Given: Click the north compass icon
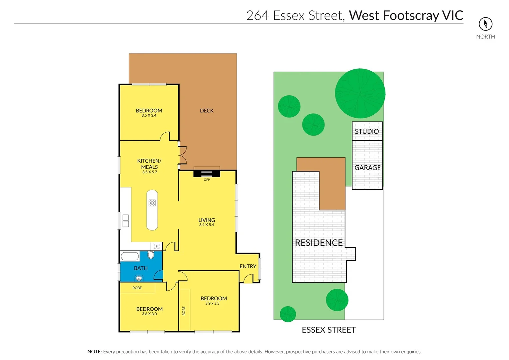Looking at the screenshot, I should [485, 24].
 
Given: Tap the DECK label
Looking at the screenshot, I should [207, 111].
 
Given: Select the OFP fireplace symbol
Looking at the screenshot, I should [207, 174].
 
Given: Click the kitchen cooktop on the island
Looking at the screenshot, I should [152, 203].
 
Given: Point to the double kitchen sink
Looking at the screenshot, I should [126, 221].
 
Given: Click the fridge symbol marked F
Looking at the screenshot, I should [157, 246].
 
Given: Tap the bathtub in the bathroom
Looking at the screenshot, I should [130, 256].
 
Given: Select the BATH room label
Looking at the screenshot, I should [141, 268].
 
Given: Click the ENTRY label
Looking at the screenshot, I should [248, 266].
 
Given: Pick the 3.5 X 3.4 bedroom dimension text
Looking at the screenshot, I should [149, 116].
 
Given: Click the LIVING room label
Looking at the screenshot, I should [207, 220].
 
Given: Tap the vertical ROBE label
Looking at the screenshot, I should [184, 311].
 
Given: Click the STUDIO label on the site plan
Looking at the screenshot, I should [367, 131].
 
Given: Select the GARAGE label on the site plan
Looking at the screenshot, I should [367, 168].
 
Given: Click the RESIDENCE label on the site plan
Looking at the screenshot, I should [319, 243].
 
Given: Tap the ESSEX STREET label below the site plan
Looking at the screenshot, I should [329, 330].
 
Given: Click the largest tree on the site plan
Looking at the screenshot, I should [360, 93].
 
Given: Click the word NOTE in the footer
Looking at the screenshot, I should [94, 352].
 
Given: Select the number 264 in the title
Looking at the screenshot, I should [257, 16].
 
